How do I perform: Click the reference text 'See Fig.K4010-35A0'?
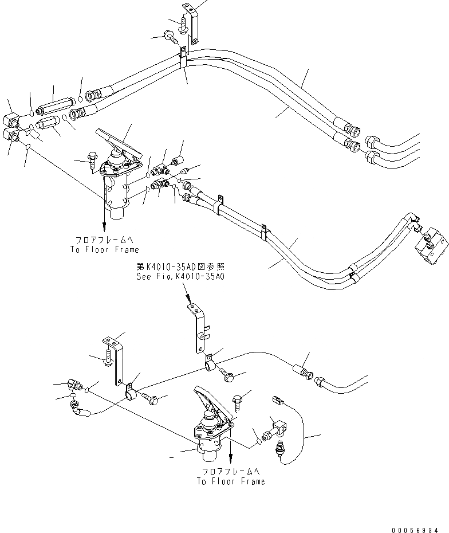click(x=180, y=276)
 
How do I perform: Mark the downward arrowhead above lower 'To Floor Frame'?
click(x=230, y=458)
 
